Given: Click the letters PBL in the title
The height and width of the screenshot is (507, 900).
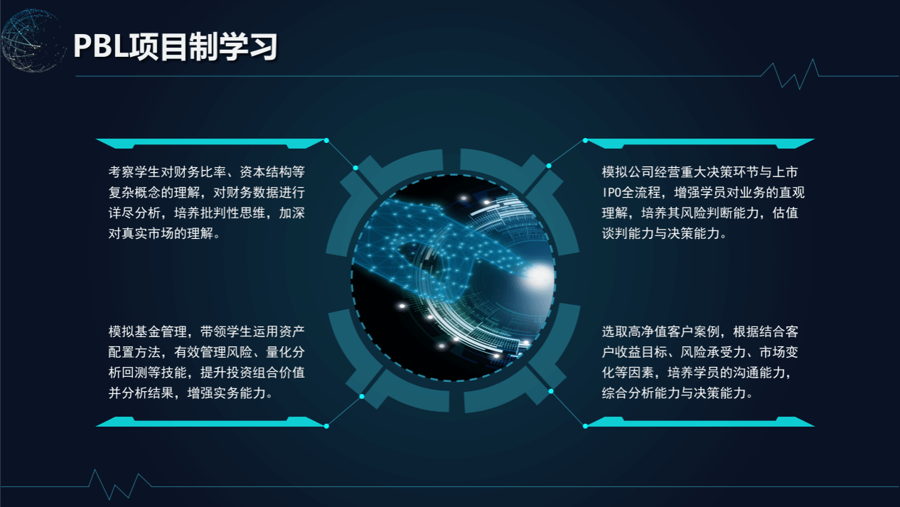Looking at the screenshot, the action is tap(101, 47).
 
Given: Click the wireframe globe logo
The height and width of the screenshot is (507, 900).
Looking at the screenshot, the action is tap(33, 41).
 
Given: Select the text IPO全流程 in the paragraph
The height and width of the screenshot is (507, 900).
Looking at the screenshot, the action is tap(631, 193).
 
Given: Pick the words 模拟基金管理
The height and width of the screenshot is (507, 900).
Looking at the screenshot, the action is tap(147, 332).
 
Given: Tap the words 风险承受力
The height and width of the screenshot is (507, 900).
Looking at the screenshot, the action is tap(713, 352).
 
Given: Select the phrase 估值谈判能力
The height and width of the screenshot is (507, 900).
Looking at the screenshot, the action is tap(700, 223).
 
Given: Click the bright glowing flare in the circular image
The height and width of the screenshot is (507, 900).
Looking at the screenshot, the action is tap(537, 274).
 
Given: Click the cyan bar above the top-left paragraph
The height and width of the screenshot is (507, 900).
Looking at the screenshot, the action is tap(210, 144).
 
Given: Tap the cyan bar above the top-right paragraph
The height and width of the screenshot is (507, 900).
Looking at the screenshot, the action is tap(700, 144).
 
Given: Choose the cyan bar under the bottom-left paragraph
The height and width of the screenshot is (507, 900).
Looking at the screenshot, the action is tap(210, 422).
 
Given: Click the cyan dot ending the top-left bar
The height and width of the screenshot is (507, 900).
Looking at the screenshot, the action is tap(326, 141).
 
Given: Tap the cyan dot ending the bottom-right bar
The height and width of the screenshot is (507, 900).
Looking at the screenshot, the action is tap(585, 426).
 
